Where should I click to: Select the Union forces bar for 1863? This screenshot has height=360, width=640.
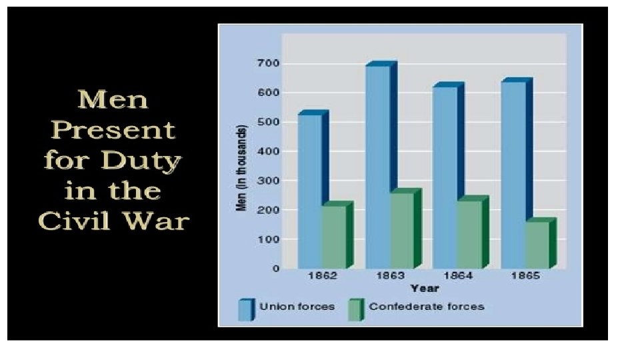[x=377, y=167]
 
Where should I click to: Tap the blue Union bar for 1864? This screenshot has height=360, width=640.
[x=445, y=177]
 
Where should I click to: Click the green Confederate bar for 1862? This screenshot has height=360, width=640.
[x=333, y=237]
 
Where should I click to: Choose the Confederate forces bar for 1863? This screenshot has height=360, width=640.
[x=401, y=230]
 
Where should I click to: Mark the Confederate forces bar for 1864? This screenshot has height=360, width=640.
[x=469, y=234]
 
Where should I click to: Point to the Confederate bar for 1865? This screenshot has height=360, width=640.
[x=537, y=245]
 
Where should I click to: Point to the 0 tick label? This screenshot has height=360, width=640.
[x=274, y=269]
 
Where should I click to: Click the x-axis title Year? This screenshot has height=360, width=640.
[x=425, y=289]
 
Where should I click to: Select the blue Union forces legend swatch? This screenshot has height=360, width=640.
[x=246, y=309]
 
